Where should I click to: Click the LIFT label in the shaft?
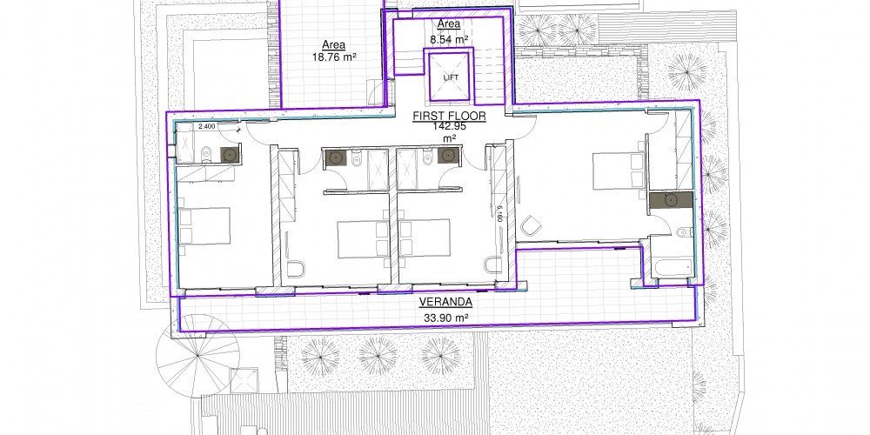pos(451,77)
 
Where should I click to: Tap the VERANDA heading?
pos(445,303)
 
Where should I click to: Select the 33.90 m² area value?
pos(445,318)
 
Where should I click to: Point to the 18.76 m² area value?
pos(334,57)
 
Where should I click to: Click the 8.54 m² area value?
pos(449,39)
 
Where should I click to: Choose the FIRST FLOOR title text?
pos(450,117)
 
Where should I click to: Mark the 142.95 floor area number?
pos(450,126)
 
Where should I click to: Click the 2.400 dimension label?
pos(206,126)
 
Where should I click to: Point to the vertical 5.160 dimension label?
pos(499,214)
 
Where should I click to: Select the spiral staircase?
pos(197,356)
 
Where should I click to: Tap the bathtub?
pos(673,267)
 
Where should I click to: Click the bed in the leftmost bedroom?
pos(204,226)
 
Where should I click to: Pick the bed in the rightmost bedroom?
pos(618,171)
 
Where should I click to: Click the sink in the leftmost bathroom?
pos(229,155)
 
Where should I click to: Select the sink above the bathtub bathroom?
pos(670,200)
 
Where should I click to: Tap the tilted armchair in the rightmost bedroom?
pos(531,225)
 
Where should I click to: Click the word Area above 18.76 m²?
pos(334,45)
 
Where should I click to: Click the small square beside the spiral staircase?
pos(244,381)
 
